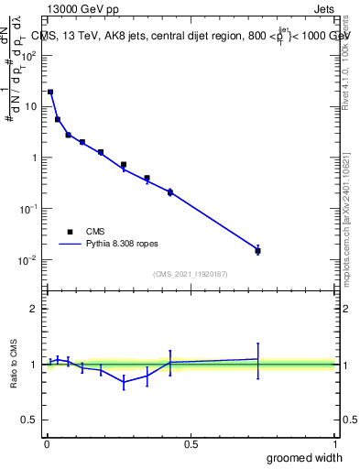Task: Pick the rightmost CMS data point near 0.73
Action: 257,250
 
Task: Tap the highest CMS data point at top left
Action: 50,92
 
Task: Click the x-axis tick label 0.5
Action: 191,444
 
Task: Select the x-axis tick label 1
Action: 335,444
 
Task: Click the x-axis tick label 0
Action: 47,444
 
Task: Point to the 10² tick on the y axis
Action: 29,55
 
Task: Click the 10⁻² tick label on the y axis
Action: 29,260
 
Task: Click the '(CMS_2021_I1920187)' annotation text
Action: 191,274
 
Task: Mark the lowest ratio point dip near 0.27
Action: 124,382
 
